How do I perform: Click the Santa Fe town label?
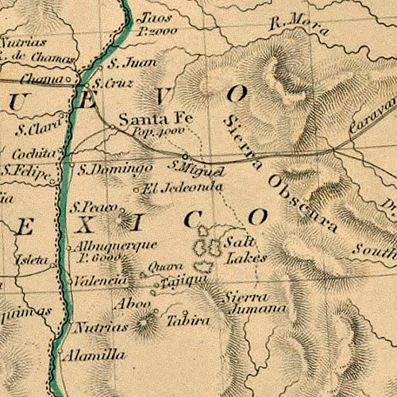145,120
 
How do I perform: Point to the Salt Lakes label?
243,249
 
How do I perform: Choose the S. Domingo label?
115,169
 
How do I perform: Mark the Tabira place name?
188,322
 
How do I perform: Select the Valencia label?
101,280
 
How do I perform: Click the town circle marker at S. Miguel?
185,156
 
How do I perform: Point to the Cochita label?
35,152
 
